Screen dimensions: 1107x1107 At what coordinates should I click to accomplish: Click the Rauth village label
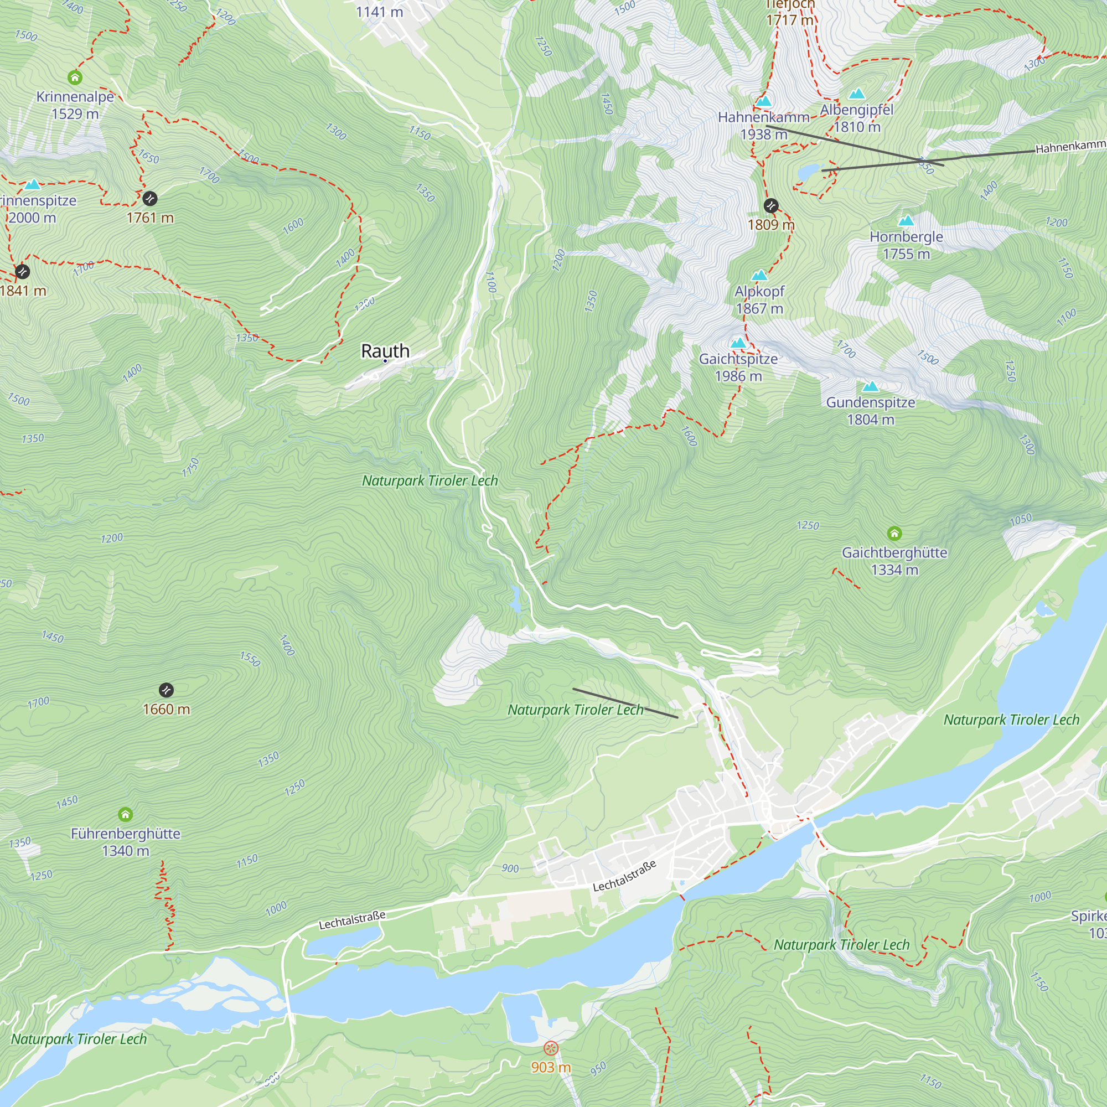point(385,351)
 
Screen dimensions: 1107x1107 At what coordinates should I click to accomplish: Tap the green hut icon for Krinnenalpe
point(75,77)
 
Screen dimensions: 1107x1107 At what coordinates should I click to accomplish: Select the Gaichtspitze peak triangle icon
point(738,343)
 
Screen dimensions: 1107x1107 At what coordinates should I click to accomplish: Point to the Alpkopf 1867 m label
point(759,299)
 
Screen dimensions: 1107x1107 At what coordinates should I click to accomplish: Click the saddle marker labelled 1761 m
point(149,199)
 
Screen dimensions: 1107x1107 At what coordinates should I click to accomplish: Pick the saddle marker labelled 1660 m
point(166,690)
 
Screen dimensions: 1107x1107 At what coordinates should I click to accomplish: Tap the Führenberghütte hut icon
point(126,814)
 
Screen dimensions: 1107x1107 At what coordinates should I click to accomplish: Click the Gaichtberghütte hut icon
point(894,534)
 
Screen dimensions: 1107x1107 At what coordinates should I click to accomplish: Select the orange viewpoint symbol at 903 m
point(551,1048)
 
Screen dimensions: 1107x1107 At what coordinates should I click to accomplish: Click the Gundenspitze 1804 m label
point(870,411)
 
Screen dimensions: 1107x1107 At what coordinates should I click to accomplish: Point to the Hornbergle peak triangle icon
point(906,221)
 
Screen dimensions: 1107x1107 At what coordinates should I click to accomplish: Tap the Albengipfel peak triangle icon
point(857,94)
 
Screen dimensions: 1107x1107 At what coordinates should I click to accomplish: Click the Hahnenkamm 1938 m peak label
point(763,126)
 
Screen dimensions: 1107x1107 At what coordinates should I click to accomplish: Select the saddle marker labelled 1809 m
point(770,206)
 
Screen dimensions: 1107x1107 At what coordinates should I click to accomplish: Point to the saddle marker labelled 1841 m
point(22,271)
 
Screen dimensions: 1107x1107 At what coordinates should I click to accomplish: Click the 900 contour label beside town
point(510,868)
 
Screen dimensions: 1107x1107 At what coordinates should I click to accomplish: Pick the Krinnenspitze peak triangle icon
point(33,184)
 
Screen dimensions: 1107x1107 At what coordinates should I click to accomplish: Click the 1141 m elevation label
point(379,12)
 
